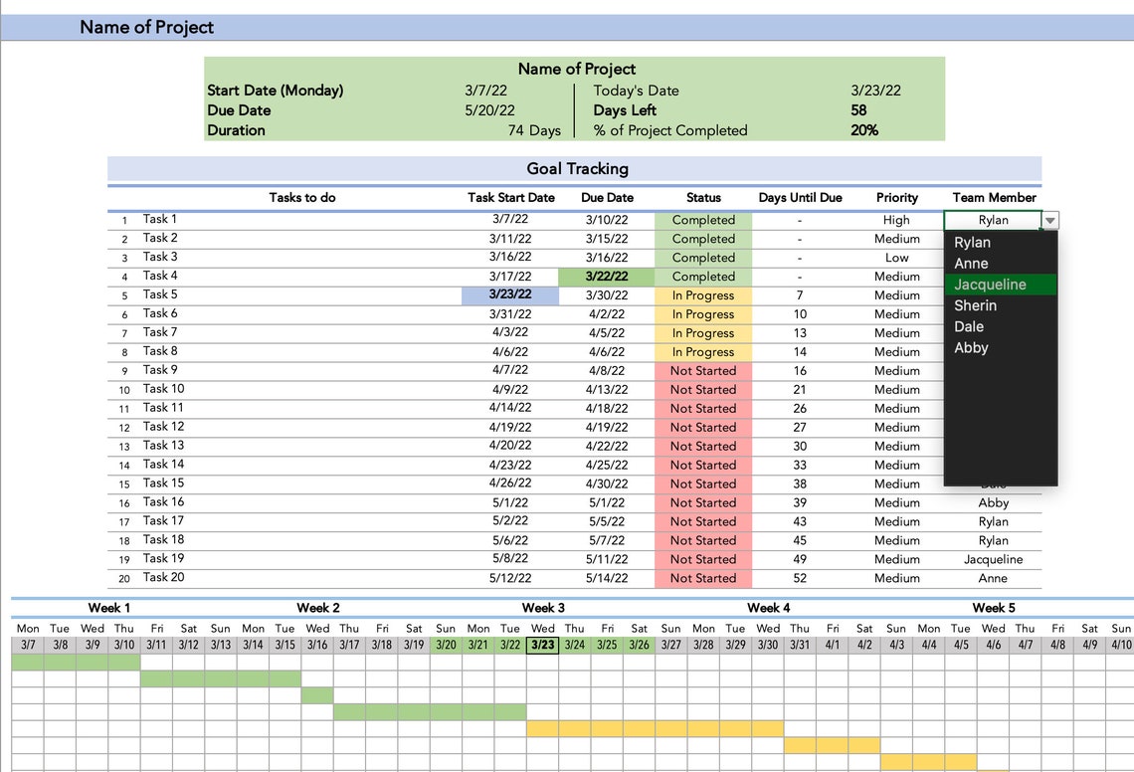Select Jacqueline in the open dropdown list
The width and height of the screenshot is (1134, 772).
(990, 285)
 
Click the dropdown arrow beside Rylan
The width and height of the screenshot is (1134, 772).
(1050, 221)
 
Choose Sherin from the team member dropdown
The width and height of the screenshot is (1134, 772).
(975, 305)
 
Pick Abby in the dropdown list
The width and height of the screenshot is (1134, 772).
(971, 347)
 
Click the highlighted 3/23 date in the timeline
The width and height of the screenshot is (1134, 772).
(543, 645)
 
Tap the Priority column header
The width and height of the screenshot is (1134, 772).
(896, 198)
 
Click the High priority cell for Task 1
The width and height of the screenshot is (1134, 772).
(896, 220)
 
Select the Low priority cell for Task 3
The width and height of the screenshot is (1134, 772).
(896, 258)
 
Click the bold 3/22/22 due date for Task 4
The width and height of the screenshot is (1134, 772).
(606, 277)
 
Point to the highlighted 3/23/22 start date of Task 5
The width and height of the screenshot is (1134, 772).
(510, 295)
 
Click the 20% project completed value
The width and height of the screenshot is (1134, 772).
(864, 130)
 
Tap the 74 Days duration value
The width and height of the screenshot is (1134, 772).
(534, 130)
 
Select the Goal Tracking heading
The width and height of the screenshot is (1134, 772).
(577, 169)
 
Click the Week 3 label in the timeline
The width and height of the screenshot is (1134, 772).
(543, 608)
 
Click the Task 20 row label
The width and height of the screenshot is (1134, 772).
(163, 578)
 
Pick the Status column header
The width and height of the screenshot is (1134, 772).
(703, 198)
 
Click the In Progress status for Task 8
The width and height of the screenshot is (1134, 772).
(702, 352)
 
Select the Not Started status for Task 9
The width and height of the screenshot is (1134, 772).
(702, 371)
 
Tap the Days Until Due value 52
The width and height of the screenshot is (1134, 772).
(800, 578)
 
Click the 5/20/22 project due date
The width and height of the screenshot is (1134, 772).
(489, 110)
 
